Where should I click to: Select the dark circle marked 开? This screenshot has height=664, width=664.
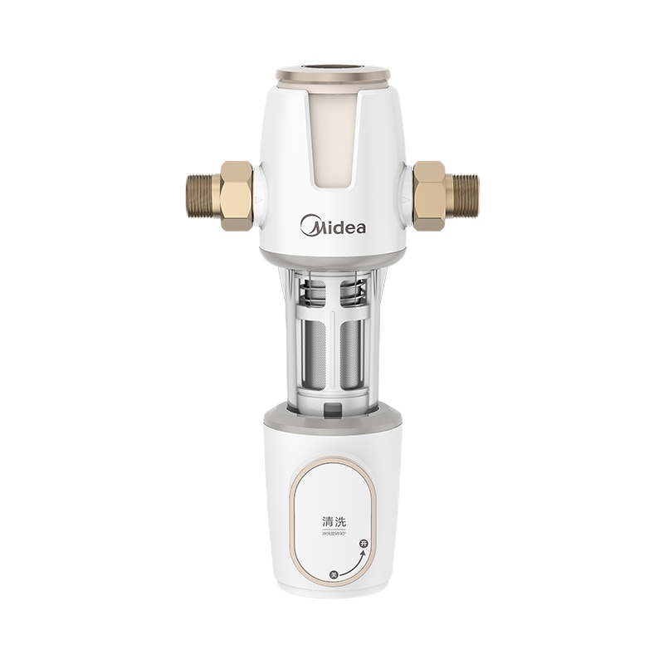[362, 543]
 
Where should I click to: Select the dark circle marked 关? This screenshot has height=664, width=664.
[333, 574]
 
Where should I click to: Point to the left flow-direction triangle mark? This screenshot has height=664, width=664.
[260, 202]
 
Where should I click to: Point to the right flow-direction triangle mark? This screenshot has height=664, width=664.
[404, 202]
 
